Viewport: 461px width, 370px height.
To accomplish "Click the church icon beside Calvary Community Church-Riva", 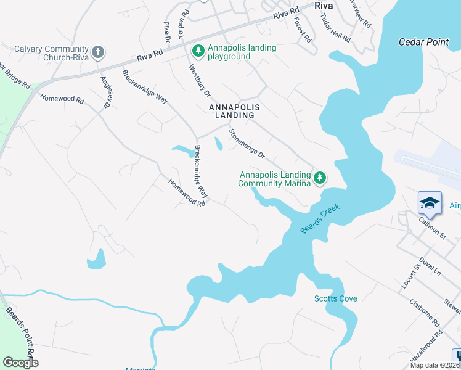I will (x=98, y=52).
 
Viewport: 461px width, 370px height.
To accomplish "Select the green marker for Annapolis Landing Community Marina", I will (x=319, y=178).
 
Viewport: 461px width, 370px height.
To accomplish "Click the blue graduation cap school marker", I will (x=430, y=203).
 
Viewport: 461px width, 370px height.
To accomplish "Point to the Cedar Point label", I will (x=423, y=43).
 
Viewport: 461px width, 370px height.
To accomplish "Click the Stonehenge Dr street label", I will (x=247, y=144).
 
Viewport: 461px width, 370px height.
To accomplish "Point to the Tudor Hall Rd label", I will (x=335, y=28).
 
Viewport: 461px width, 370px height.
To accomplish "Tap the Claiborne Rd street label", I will (x=424, y=313).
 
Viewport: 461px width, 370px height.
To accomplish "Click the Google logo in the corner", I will (x=20, y=363).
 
